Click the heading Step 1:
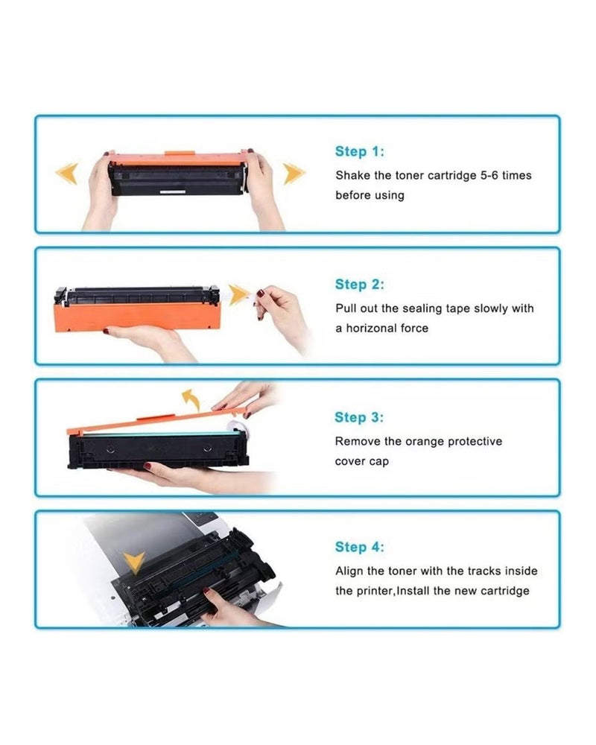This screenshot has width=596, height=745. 359,152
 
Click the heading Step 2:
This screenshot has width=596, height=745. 359,285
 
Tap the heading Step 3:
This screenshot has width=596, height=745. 359,417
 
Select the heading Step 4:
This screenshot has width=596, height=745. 359,548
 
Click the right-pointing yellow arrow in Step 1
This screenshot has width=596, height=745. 294,174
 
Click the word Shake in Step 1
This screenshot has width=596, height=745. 352,176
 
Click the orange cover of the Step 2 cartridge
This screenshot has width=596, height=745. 134,314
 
